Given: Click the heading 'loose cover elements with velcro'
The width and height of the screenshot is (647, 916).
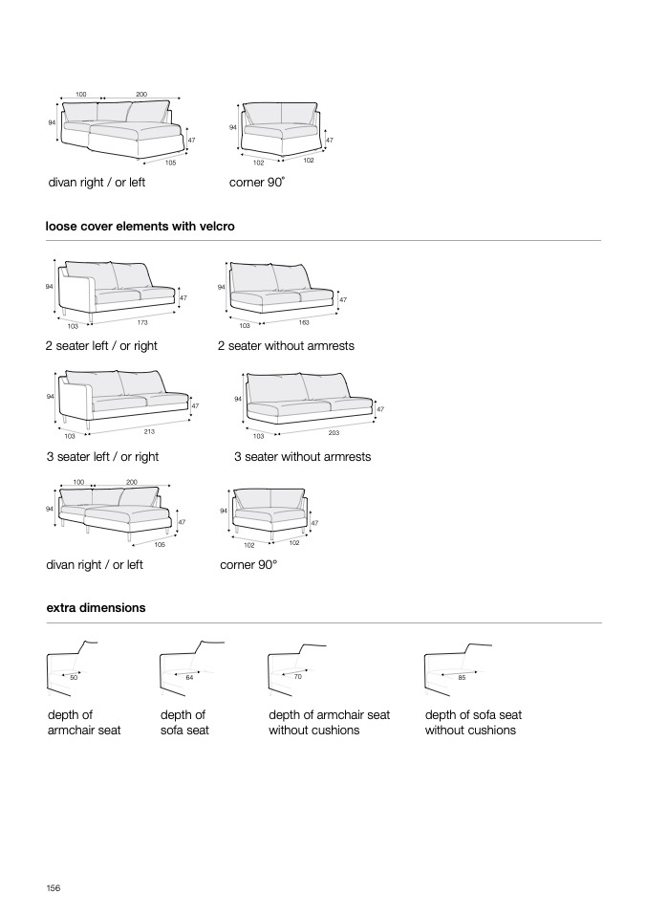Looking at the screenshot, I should pyautogui.click(x=140, y=227).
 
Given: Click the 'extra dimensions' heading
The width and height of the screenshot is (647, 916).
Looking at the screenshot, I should pyautogui.click(x=96, y=607).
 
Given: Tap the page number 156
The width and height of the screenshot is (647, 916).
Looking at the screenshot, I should pyautogui.click(x=54, y=888).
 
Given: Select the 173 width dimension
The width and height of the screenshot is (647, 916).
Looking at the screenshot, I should pyautogui.click(x=142, y=321).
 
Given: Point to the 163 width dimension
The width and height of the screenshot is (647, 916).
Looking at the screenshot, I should pyautogui.click(x=304, y=322).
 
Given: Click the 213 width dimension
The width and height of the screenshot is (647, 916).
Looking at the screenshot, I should pyautogui.click(x=149, y=431).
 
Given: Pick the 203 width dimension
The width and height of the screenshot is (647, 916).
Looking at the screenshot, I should pyautogui.click(x=334, y=433).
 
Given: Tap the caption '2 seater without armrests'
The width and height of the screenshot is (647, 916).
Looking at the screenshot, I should pyautogui.click(x=286, y=346).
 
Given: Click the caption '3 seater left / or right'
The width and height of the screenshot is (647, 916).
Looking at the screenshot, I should pyautogui.click(x=102, y=457).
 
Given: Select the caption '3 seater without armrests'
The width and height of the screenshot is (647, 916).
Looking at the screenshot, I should pyautogui.click(x=302, y=457).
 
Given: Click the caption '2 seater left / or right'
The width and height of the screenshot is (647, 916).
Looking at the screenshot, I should pyautogui.click(x=102, y=346).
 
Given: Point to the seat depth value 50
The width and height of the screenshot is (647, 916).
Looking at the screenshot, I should pyautogui.click(x=74, y=677).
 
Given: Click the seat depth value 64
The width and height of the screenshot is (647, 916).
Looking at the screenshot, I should pyautogui.click(x=189, y=677).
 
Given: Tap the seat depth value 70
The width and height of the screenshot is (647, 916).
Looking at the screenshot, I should pyautogui.click(x=297, y=677).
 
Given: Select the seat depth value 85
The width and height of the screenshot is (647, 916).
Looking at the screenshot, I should pyautogui.click(x=462, y=677).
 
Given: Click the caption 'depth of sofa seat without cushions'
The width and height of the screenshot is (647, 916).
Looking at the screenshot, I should pyautogui.click(x=473, y=723).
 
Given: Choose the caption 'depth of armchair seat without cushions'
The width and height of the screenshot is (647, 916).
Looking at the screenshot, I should pyautogui.click(x=329, y=723).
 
